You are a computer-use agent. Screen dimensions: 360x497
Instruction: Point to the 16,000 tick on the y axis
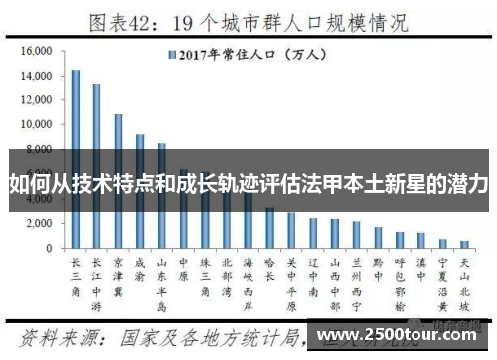click(x=36, y=51)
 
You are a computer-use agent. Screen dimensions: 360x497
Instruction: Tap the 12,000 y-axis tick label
click(x=36, y=100)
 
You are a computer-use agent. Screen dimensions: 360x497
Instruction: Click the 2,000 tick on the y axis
click(x=39, y=223)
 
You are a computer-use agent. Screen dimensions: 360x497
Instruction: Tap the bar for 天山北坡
click(x=464, y=244)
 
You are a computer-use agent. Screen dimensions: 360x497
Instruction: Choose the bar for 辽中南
click(x=313, y=233)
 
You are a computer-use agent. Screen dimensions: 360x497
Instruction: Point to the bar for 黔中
click(x=378, y=237)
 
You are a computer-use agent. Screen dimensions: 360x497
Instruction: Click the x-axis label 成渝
click(x=140, y=270)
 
